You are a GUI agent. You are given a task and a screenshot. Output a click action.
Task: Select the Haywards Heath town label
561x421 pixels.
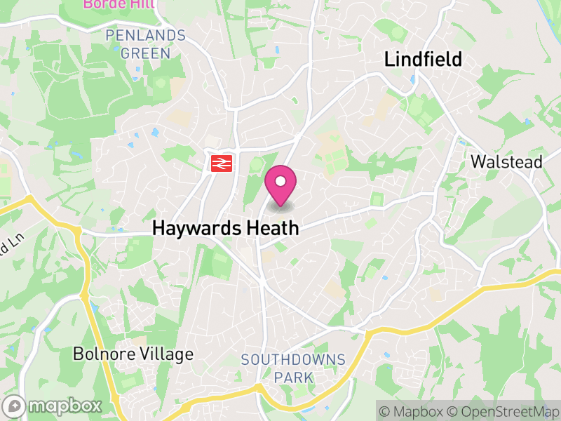tap(226, 228)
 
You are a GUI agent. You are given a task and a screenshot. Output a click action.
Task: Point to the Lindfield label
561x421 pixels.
tap(423, 60)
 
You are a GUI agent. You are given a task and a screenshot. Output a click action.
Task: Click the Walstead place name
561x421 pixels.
tap(506, 162)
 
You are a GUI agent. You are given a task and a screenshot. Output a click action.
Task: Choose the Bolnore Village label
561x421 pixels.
tap(133, 354)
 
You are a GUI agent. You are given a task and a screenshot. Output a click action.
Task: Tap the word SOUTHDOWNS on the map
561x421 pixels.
tap(293, 360)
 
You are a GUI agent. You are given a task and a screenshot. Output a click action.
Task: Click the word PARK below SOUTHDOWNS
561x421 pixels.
tap(293, 377)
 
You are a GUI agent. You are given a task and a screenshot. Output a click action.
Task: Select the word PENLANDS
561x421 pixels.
tap(145, 35)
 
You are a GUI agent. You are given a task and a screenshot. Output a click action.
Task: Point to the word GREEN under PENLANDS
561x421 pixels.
tap(145, 53)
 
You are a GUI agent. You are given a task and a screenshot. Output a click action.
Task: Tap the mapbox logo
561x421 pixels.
tap(53, 406)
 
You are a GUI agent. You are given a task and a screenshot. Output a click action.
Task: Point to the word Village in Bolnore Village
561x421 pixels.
tap(165, 354)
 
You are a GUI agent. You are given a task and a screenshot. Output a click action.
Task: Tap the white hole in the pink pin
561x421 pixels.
tap(280, 182)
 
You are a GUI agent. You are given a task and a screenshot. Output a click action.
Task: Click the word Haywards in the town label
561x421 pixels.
tap(198, 228)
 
